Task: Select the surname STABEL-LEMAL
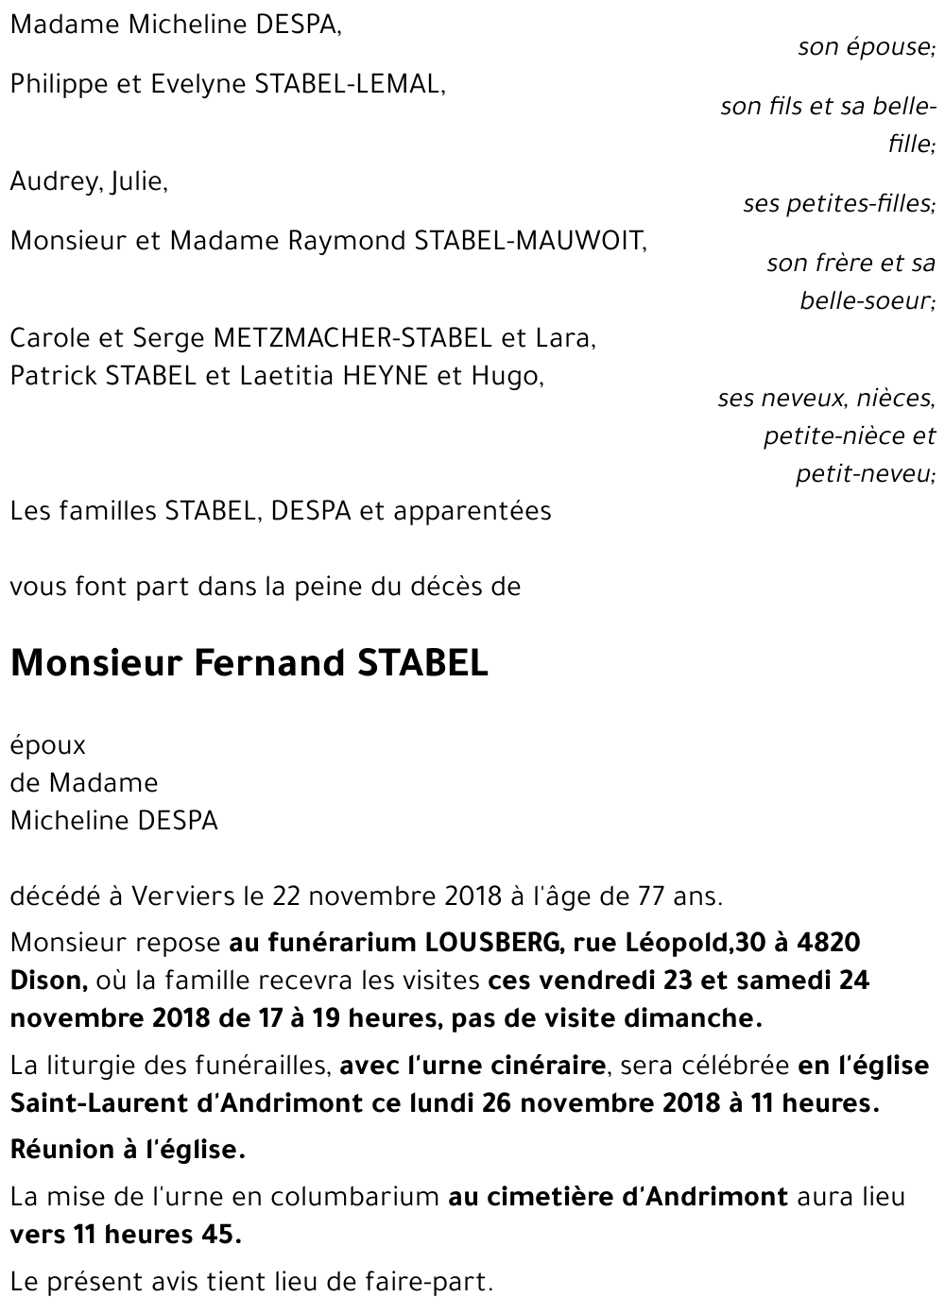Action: point(349,84)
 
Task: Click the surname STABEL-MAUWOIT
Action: point(530,241)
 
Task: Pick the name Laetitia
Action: point(283,376)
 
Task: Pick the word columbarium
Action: point(355,1197)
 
